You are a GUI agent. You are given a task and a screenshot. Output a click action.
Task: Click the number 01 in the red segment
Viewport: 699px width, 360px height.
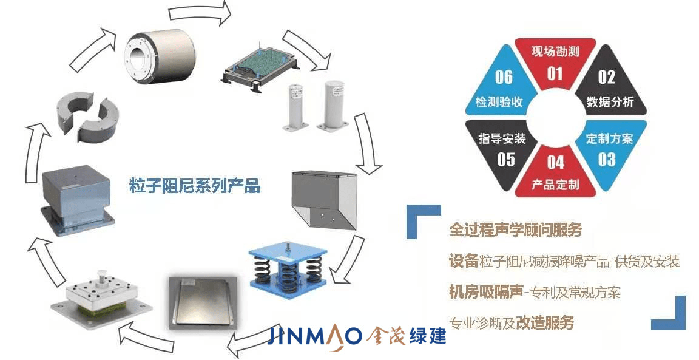tap(555, 73)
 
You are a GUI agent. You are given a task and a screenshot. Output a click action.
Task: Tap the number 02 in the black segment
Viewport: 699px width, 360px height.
tap(607, 77)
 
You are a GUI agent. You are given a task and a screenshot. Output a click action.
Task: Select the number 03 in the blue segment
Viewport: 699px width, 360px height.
tap(607, 159)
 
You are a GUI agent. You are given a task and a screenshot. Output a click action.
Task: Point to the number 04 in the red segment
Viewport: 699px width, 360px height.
tap(555, 162)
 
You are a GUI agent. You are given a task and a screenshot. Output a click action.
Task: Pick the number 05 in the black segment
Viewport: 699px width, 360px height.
tap(506, 159)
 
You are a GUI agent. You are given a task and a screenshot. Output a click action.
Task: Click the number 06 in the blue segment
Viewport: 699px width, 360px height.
tap(504, 77)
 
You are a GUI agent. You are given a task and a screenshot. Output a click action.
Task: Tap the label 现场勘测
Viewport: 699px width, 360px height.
tap(555, 52)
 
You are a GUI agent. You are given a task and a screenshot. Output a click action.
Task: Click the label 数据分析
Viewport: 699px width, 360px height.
tap(610, 102)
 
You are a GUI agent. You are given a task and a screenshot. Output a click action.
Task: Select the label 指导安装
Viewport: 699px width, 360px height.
tap(502, 139)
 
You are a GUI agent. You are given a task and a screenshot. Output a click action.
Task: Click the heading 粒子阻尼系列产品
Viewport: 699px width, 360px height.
tap(194, 185)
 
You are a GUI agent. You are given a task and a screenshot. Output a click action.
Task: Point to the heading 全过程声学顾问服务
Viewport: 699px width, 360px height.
tap(515, 229)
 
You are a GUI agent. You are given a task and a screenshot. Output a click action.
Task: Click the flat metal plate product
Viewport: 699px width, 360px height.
tap(201, 301)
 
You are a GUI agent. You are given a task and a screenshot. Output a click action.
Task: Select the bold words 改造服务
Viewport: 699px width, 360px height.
tap(545, 322)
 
